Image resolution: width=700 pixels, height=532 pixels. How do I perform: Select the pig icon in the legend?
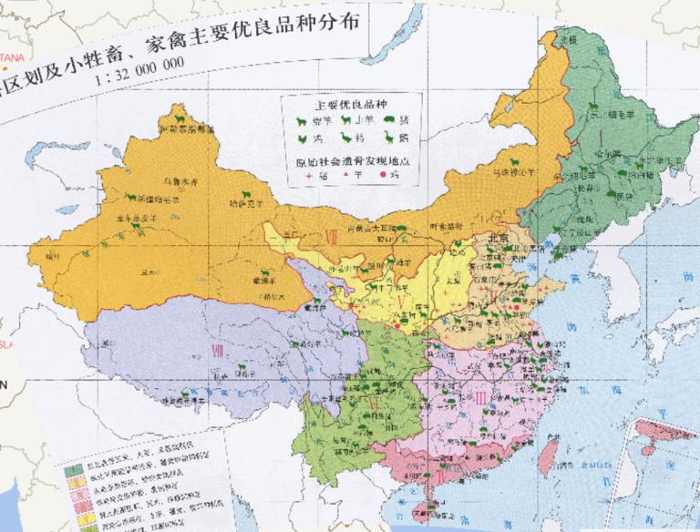click(x=388, y=119)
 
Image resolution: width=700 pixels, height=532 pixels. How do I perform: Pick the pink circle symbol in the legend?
click(x=383, y=173)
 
